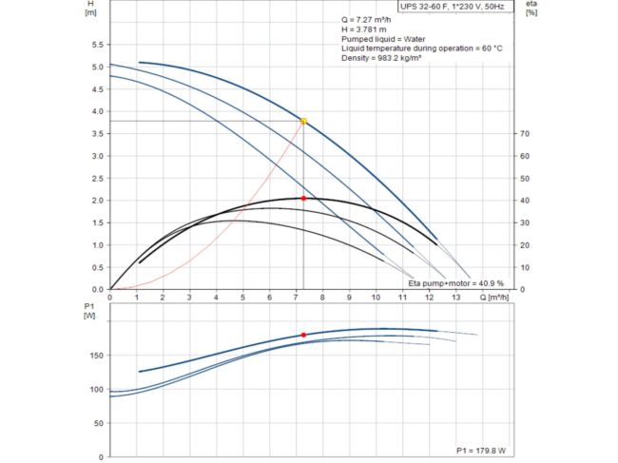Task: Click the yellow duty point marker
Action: [304, 121]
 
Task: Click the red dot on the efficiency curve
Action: [304, 198]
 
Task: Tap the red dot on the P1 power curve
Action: [304, 335]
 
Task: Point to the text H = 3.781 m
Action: [364, 29]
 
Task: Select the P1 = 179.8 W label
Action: [480, 450]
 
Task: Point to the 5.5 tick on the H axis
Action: [96, 46]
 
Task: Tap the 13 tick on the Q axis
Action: [454, 298]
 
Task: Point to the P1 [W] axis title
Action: [90, 312]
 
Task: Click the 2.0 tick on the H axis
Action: [96, 201]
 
